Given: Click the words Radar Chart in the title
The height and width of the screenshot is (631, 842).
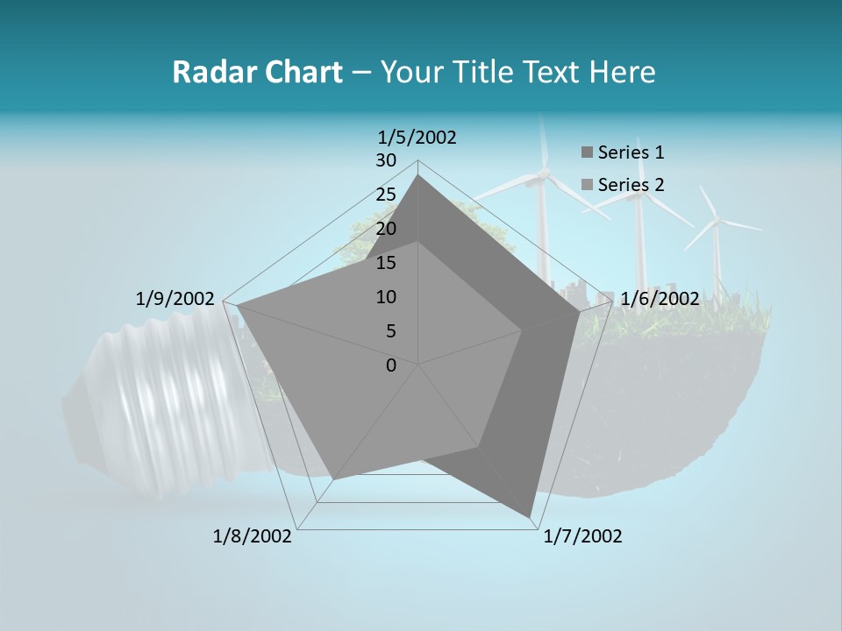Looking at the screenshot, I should tap(257, 72).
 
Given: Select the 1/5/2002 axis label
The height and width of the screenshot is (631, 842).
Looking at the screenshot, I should tap(417, 137).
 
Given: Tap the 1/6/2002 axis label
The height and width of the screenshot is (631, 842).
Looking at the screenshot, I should tap(660, 299).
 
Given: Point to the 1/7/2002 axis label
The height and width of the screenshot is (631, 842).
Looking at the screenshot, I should tap(582, 536).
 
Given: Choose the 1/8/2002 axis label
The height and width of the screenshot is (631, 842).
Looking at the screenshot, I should tap(253, 536).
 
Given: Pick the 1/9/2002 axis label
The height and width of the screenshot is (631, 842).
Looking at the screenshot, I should tap(175, 299).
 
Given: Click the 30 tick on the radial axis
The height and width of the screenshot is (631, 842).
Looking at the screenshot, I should tap(386, 160).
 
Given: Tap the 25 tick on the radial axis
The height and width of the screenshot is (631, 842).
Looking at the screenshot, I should tap(386, 195).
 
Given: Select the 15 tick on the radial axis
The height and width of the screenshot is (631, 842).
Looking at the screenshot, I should tap(386, 263).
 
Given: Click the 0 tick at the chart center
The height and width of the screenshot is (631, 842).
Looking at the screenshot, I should tap(391, 365).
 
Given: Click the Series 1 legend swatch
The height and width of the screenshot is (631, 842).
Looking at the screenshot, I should tap(587, 153).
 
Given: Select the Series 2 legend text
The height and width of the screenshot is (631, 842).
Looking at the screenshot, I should tap(631, 185).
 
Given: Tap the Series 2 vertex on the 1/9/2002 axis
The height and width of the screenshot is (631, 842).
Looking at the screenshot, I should tap(237, 306).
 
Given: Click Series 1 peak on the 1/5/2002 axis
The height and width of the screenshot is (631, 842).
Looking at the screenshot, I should tap(418, 175).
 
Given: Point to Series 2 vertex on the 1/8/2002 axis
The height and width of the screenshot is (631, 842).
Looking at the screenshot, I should tap(334, 479).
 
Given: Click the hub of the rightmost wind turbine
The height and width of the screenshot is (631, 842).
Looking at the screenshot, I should tap(718, 221).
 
